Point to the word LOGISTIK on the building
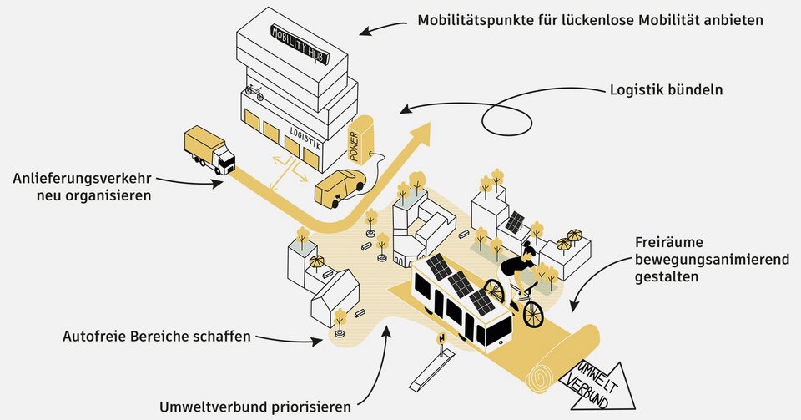tap(305, 141)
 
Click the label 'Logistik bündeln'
tap(665, 89)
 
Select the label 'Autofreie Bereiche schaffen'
tap(157, 337)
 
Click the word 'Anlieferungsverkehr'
tap(83, 179)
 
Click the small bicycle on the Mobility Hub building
tap(254, 93)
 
